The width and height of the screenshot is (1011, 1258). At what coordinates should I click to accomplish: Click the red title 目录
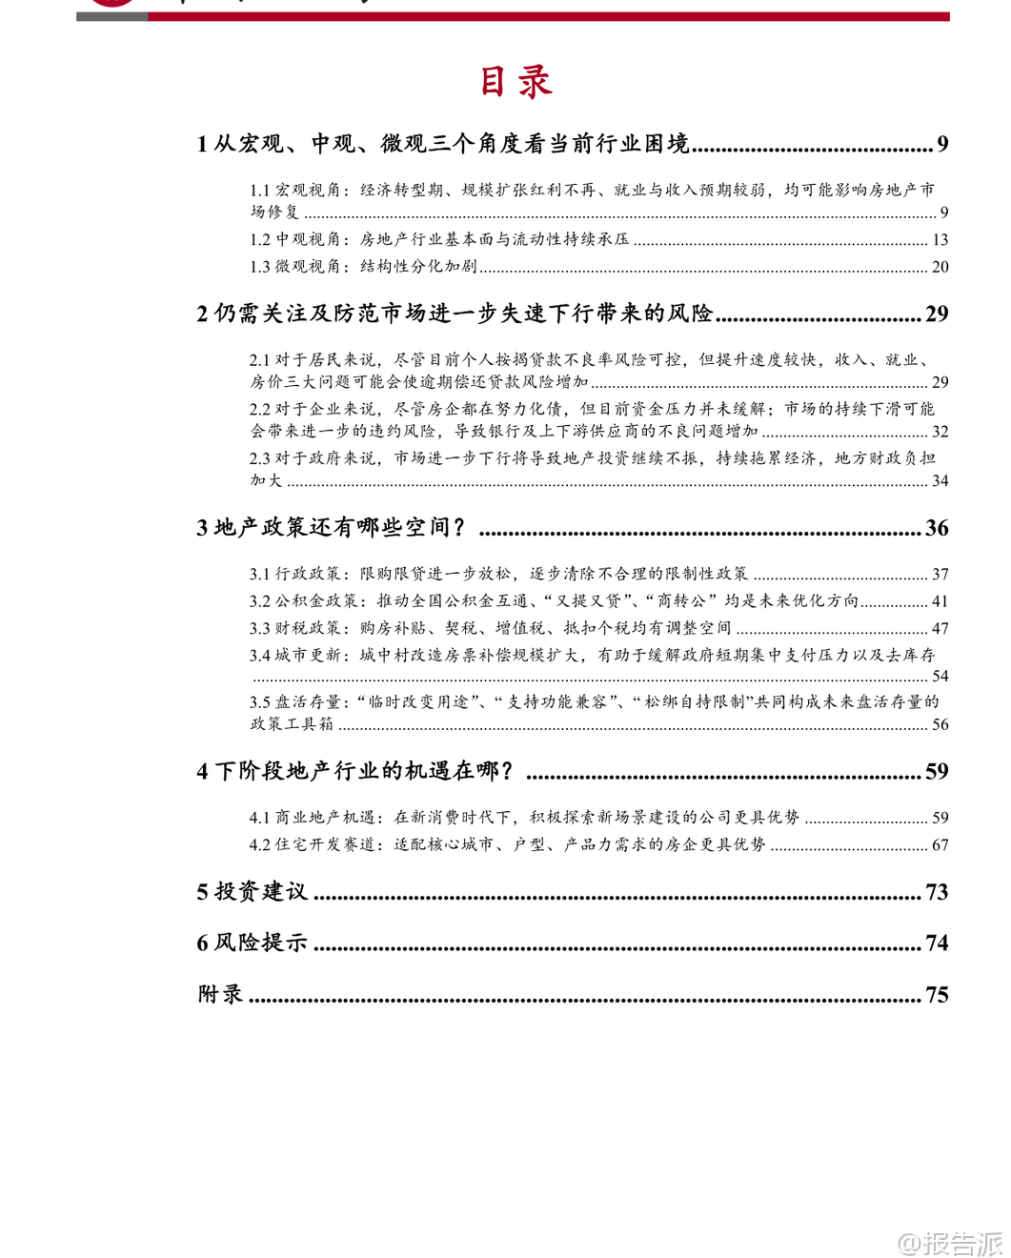pyautogui.click(x=516, y=82)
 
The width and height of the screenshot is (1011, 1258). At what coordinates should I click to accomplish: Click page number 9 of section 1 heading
pyautogui.click(x=941, y=144)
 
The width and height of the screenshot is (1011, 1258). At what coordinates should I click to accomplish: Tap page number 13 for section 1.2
pyautogui.click(x=940, y=240)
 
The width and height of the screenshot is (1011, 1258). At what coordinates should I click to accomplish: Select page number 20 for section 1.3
pyautogui.click(x=940, y=267)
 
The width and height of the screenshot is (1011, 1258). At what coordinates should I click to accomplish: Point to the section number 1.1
pyautogui.click(x=260, y=191)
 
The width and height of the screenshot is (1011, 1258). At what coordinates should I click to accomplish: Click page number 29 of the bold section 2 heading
pyautogui.click(x=937, y=314)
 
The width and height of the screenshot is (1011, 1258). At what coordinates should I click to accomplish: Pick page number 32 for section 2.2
pyautogui.click(x=940, y=432)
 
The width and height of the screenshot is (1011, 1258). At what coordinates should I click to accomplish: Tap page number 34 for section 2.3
pyautogui.click(x=940, y=481)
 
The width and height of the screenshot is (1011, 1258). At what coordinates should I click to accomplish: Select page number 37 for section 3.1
pyautogui.click(x=940, y=575)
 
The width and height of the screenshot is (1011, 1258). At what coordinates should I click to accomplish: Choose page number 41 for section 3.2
pyautogui.click(x=940, y=601)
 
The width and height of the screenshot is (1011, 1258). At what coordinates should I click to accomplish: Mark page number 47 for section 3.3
pyautogui.click(x=940, y=629)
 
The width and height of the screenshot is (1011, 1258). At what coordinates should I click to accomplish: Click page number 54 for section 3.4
pyautogui.click(x=940, y=677)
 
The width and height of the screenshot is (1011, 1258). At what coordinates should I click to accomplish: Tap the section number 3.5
pyautogui.click(x=260, y=702)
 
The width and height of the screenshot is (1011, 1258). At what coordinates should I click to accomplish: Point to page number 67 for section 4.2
pyautogui.click(x=940, y=845)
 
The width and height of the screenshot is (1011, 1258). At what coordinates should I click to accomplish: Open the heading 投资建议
pyautogui.click(x=261, y=892)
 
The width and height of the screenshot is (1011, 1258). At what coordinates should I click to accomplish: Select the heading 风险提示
pyautogui.click(x=261, y=943)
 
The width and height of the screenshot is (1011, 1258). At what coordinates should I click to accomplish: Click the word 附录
pyautogui.click(x=220, y=995)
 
